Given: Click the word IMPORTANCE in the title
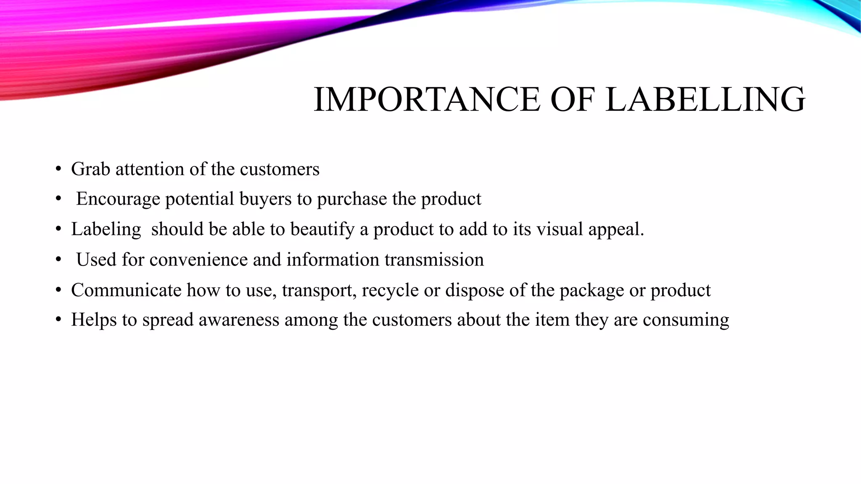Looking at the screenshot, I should tap(427, 100).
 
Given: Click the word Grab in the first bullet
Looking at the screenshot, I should tap(90, 169).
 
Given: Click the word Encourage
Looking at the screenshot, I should tap(118, 199).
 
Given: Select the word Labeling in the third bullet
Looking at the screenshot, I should tap(106, 229).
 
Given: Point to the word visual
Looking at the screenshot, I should tap(559, 229).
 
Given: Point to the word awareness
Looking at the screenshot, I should tap(239, 320).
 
